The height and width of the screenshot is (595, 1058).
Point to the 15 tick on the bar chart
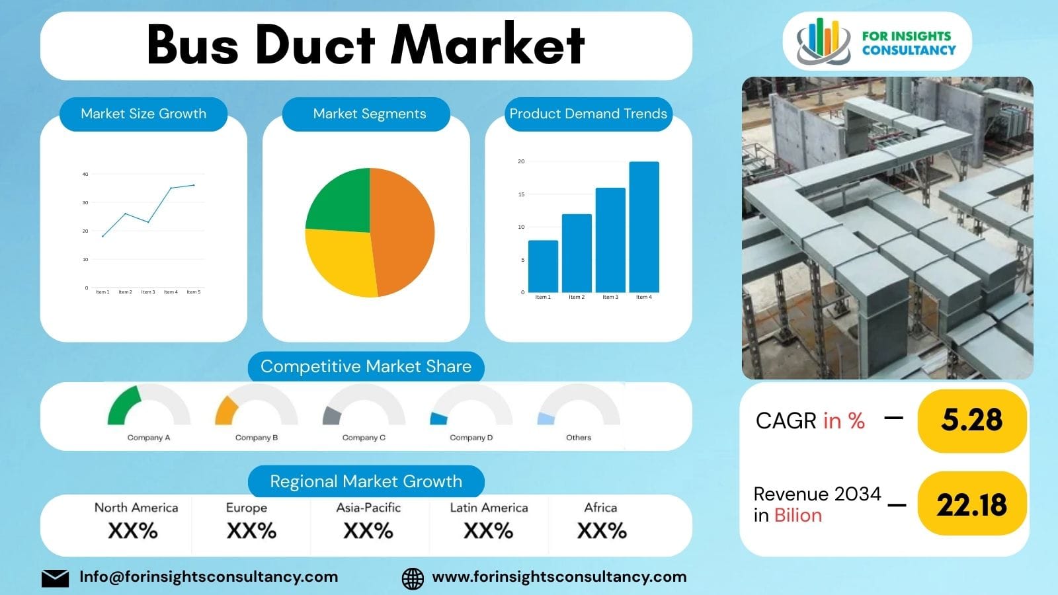click(521, 194)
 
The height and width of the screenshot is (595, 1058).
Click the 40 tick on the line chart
click(85, 175)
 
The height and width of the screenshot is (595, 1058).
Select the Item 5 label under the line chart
click(193, 292)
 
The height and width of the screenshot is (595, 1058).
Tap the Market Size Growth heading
click(143, 114)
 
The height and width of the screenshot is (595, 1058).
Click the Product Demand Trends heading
click(588, 114)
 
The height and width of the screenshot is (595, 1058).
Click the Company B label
click(257, 438)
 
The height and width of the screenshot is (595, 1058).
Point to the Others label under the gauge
click(579, 438)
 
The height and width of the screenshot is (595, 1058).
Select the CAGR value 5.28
click(971, 420)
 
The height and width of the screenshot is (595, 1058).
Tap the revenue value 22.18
click(971, 505)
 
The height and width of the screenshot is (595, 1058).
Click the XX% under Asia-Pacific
click(368, 531)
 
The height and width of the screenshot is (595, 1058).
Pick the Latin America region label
click(489, 508)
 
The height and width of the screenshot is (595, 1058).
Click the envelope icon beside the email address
click(55, 578)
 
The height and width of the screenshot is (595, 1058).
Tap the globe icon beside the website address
click(413, 578)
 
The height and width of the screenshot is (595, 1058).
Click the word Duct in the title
click(315, 45)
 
